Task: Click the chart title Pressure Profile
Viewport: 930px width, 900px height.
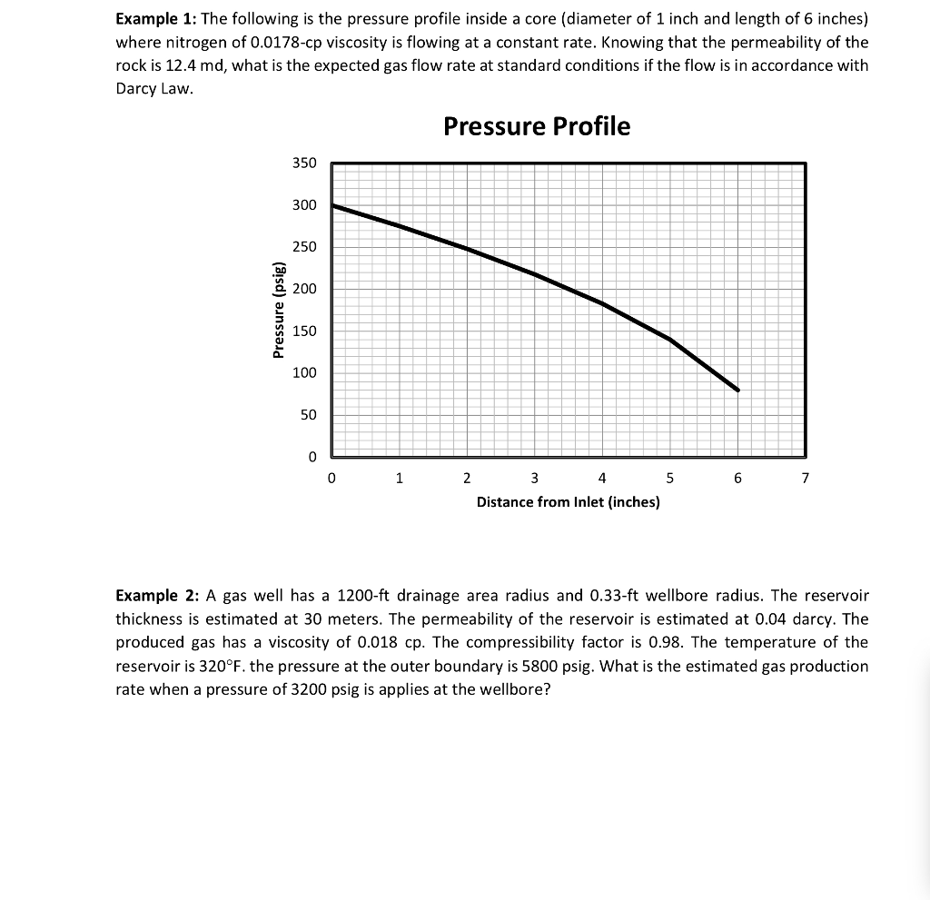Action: coord(536,126)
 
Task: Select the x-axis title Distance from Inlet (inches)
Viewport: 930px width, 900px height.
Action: coord(568,501)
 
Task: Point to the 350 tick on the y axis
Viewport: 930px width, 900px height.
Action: coord(304,163)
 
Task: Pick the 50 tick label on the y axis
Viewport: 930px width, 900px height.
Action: coord(309,415)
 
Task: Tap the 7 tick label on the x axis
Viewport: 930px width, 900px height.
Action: coord(805,478)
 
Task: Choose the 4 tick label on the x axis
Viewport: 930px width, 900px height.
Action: coord(602,478)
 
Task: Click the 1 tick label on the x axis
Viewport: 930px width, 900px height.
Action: coord(399,478)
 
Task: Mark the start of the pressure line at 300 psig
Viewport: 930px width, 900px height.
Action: coord(333,205)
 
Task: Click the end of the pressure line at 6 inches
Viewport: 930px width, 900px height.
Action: coord(737,390)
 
